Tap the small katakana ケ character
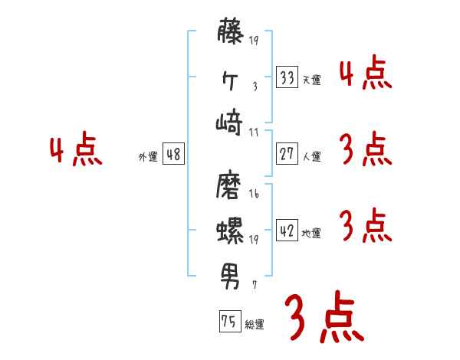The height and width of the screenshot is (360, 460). coord(232,80)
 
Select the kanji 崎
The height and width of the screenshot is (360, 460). coord(232,123)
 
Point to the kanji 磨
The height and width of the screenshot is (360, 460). coord(232,186)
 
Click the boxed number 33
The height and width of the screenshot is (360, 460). coord(287,77)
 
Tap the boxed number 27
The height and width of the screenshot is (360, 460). coord(287,154)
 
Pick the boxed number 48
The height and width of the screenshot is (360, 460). coord(173,154)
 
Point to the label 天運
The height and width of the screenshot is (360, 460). coord(311,80)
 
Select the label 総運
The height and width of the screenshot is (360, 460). coord(255,325)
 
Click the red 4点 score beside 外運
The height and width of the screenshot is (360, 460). coord(76,152)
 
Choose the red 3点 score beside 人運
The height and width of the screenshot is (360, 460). coord(364,149)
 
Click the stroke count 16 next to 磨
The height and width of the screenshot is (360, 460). coord(254,195)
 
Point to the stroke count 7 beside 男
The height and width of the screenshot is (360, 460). coord(254,284)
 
